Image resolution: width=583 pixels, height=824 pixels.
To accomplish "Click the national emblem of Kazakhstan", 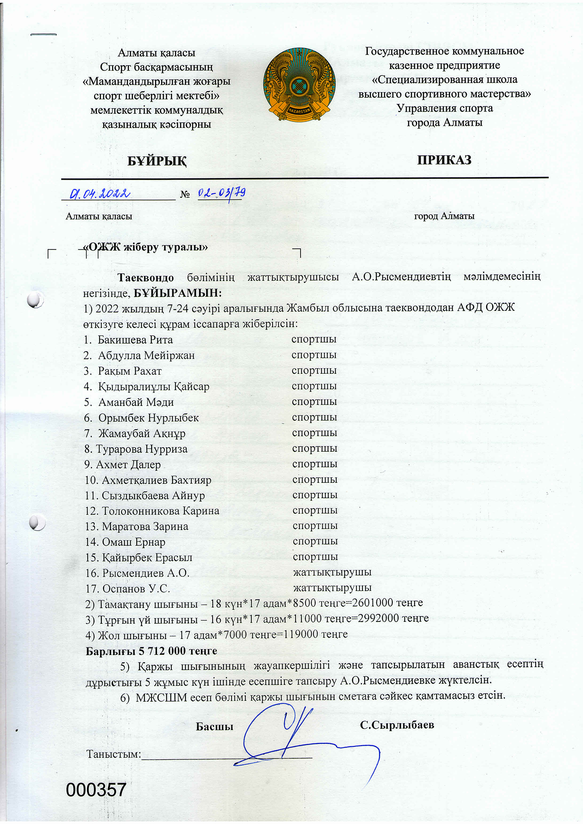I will pyautogui.click(x=299, y=85).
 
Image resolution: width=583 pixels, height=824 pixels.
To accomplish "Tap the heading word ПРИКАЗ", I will pyautogui.click(x=444, y=160).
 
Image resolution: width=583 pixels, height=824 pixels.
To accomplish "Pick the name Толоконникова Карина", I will pyautogui.click(x=161, y=511).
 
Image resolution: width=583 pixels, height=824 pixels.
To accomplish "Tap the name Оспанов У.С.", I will pyautogui.click(x=136, y=589).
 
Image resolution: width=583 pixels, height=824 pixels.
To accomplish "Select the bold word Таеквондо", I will pyautogui.click(x=146, y=277).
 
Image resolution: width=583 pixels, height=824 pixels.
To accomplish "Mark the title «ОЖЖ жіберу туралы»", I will pyautogui.click(x=145, y=247).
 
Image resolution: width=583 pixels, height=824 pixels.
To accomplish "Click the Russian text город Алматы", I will pyautogui.click(x=444, y=216).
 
